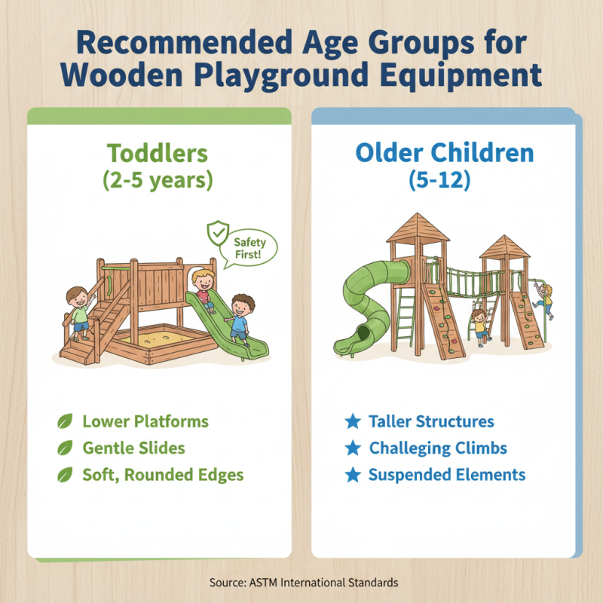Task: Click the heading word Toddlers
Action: [158, 153]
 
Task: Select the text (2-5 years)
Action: [158, 181]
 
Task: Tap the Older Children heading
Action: [444, 153]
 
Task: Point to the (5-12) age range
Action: [444, 181]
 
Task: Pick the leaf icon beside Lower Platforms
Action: [66, 421]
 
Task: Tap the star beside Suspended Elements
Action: [352, 475]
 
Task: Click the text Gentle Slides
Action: [133, 448]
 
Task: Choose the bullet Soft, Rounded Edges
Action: [163, 476]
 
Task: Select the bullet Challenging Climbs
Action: [438, 448]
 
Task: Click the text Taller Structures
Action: [431, 421]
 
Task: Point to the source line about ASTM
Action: [301, 582]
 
